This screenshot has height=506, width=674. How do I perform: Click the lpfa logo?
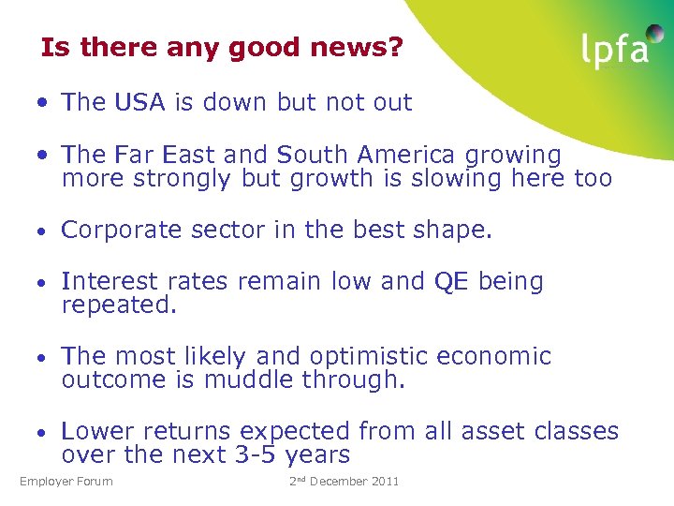pyautogui.click(x=614, y=50)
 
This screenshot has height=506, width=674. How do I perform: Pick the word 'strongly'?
pyautogui.click(x=175, y=178)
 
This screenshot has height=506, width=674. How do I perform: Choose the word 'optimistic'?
pyautogui.click(x=388, y=356)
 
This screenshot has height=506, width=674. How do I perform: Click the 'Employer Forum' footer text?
pyautogui.click(x=66, y=482)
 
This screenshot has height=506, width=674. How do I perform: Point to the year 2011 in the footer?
pyautogui.click(x=385, y=482)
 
